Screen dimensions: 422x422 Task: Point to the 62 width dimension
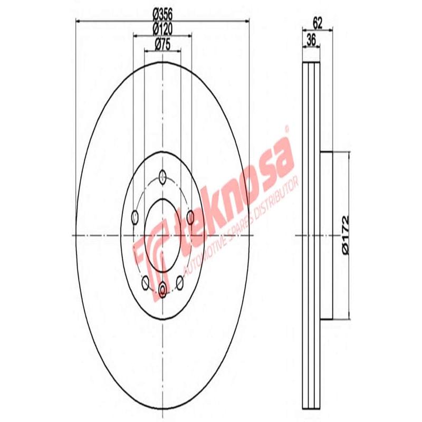[x=318, y=22]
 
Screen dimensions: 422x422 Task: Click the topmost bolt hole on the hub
[x=163, y=176]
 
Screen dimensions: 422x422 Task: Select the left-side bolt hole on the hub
[x=134, y=216]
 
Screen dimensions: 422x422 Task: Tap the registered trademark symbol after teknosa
[x=287, y=128]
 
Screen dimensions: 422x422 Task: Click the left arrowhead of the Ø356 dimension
[x=79, y=21]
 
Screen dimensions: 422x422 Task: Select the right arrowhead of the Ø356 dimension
[x=247, y=21]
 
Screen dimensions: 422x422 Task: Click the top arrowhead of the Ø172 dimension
[x=349, y=154]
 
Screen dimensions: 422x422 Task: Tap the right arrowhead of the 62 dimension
[x=331, y=29]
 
